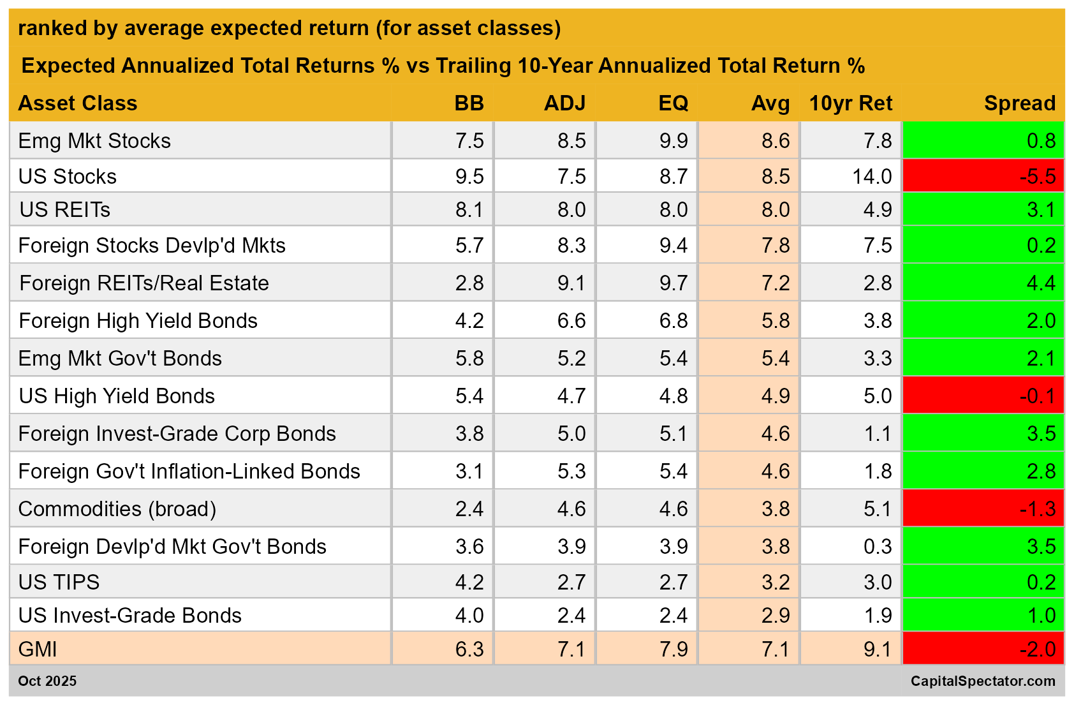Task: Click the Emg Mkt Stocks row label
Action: pos(94,141)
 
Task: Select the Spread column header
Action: pos(1019,103)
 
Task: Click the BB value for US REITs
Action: pos(469,210)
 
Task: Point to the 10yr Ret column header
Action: pos(850,103)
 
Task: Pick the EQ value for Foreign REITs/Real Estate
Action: pos(673,283)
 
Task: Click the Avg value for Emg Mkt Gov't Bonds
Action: pos(776,359)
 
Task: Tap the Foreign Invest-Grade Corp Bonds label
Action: pos(177,434)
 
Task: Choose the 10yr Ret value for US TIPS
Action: pos(878,583)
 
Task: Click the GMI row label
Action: pos(38,649)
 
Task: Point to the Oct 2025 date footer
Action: pos(47,681)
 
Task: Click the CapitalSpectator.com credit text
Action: pos(982,681)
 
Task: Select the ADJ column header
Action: pos(564,103)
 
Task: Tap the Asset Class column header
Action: pos(78,103)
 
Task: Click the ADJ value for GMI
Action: pos(571,649)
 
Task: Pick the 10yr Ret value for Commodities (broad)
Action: pos(878,509)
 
